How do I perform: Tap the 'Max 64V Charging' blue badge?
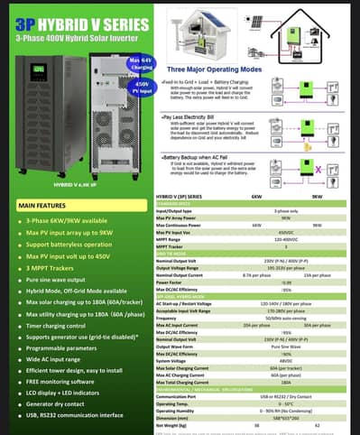[x=116, y=61]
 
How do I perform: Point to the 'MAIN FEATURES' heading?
[x=43, y=206]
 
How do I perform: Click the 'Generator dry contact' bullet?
[x=60, y=403]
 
